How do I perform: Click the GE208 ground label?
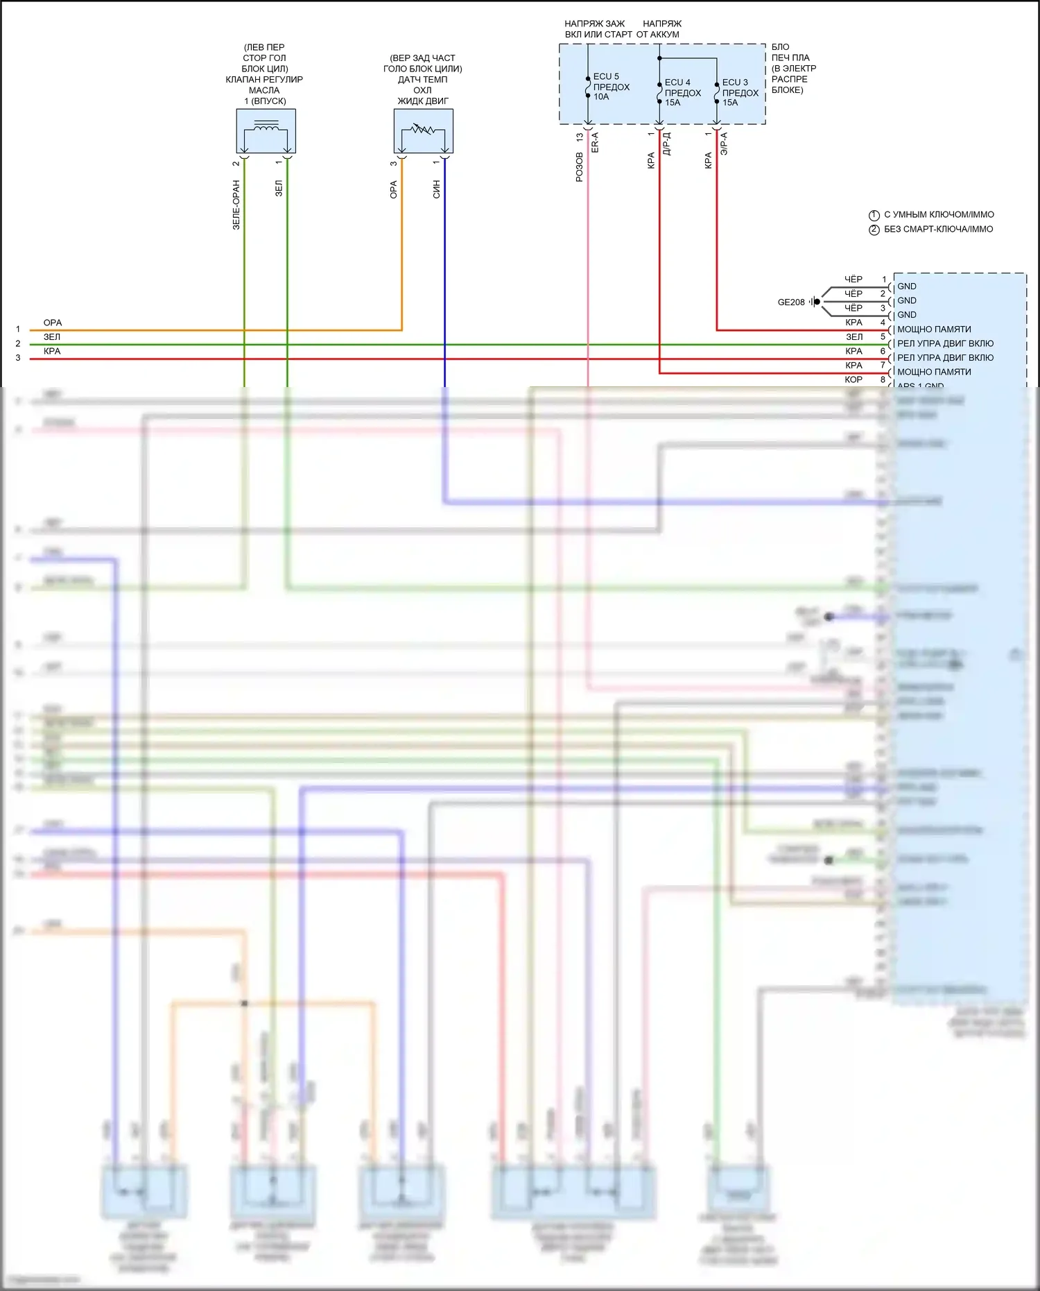791,302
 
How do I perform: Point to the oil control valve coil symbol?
266,127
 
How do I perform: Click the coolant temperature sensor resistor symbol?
422,129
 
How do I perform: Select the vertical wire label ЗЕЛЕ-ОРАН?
236,205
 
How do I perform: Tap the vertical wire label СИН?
436,189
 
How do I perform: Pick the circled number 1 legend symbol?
874,215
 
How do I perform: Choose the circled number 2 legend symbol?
874,230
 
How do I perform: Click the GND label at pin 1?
906,287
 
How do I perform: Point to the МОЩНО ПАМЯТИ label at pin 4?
933,330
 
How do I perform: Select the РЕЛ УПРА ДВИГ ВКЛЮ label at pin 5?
944,343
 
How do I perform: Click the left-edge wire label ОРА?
53,323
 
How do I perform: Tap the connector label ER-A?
595,143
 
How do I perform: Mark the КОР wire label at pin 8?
853,380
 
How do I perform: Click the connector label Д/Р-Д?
666,144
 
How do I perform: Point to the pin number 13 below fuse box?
580,138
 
